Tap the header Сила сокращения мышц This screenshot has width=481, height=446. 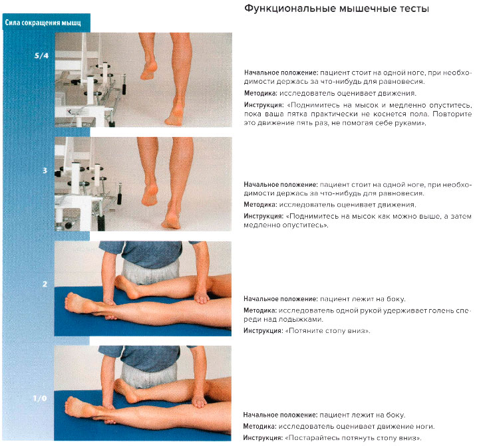click(43, 23)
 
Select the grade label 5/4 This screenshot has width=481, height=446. click(41, 56)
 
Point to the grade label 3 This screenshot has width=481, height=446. click(45, 171)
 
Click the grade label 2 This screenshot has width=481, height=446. click(45, 284)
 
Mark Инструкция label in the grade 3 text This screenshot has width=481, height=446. click(263, 217)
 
